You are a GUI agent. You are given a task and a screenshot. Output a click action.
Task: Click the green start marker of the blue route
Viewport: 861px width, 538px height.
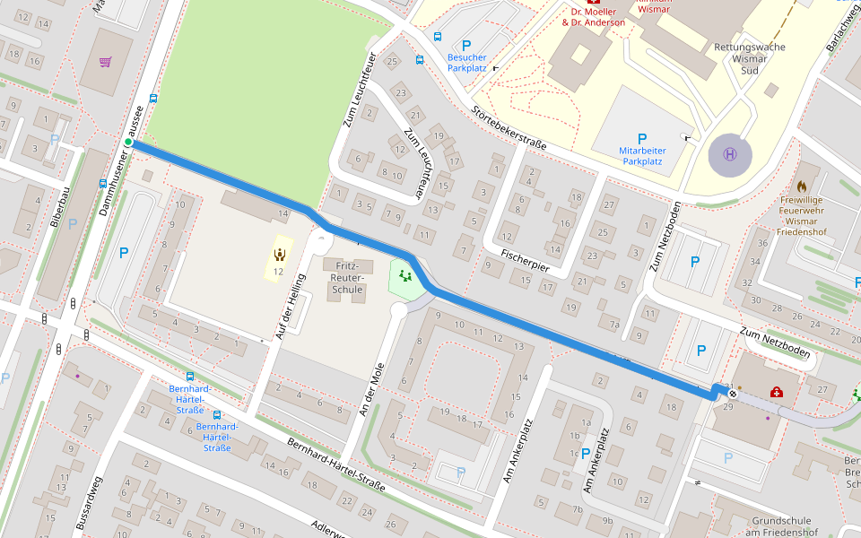coord(128,143)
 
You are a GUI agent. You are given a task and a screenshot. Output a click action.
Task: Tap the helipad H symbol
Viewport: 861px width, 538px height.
coord(730,154)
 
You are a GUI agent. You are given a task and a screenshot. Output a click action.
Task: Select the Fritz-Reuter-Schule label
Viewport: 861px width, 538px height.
coord(347,278)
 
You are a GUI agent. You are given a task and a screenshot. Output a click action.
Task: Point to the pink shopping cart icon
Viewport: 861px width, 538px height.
coord(106,63)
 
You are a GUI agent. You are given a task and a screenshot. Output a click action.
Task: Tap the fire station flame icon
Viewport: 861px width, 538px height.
coord(801,175)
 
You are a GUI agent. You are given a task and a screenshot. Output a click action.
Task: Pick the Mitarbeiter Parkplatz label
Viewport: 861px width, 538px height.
coord(641,156)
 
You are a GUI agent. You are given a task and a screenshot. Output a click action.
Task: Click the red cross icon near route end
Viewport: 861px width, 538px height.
coord(778,392)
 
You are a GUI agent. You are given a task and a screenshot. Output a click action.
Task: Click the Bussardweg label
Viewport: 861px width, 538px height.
coord(90,502)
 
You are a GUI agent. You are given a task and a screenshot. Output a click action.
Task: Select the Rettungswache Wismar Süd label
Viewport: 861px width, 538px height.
coord(749,57)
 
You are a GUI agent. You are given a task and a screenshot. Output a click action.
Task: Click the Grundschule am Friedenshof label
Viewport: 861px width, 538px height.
coord(781,527)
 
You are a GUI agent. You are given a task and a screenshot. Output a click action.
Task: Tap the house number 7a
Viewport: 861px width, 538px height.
coord(614,324)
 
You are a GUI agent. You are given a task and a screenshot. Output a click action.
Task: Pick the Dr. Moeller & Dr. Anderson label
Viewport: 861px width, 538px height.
coord(593,16)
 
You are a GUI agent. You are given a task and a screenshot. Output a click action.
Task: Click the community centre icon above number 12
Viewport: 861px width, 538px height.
coord(279,255)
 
